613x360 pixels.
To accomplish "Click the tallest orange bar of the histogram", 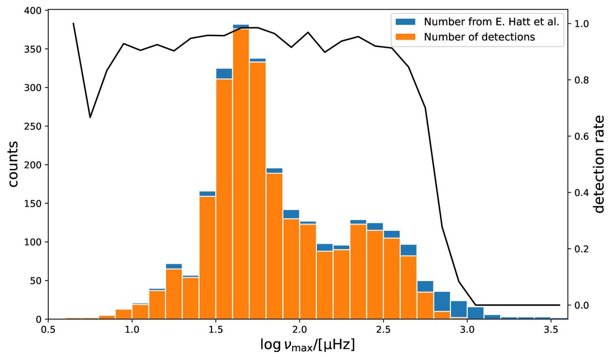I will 240,174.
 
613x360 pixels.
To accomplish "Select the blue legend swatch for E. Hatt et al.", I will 405,22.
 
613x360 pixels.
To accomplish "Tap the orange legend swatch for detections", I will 405,37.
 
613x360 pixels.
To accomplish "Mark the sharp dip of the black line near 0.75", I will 90,117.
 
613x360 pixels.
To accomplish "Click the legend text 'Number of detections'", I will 479,37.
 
